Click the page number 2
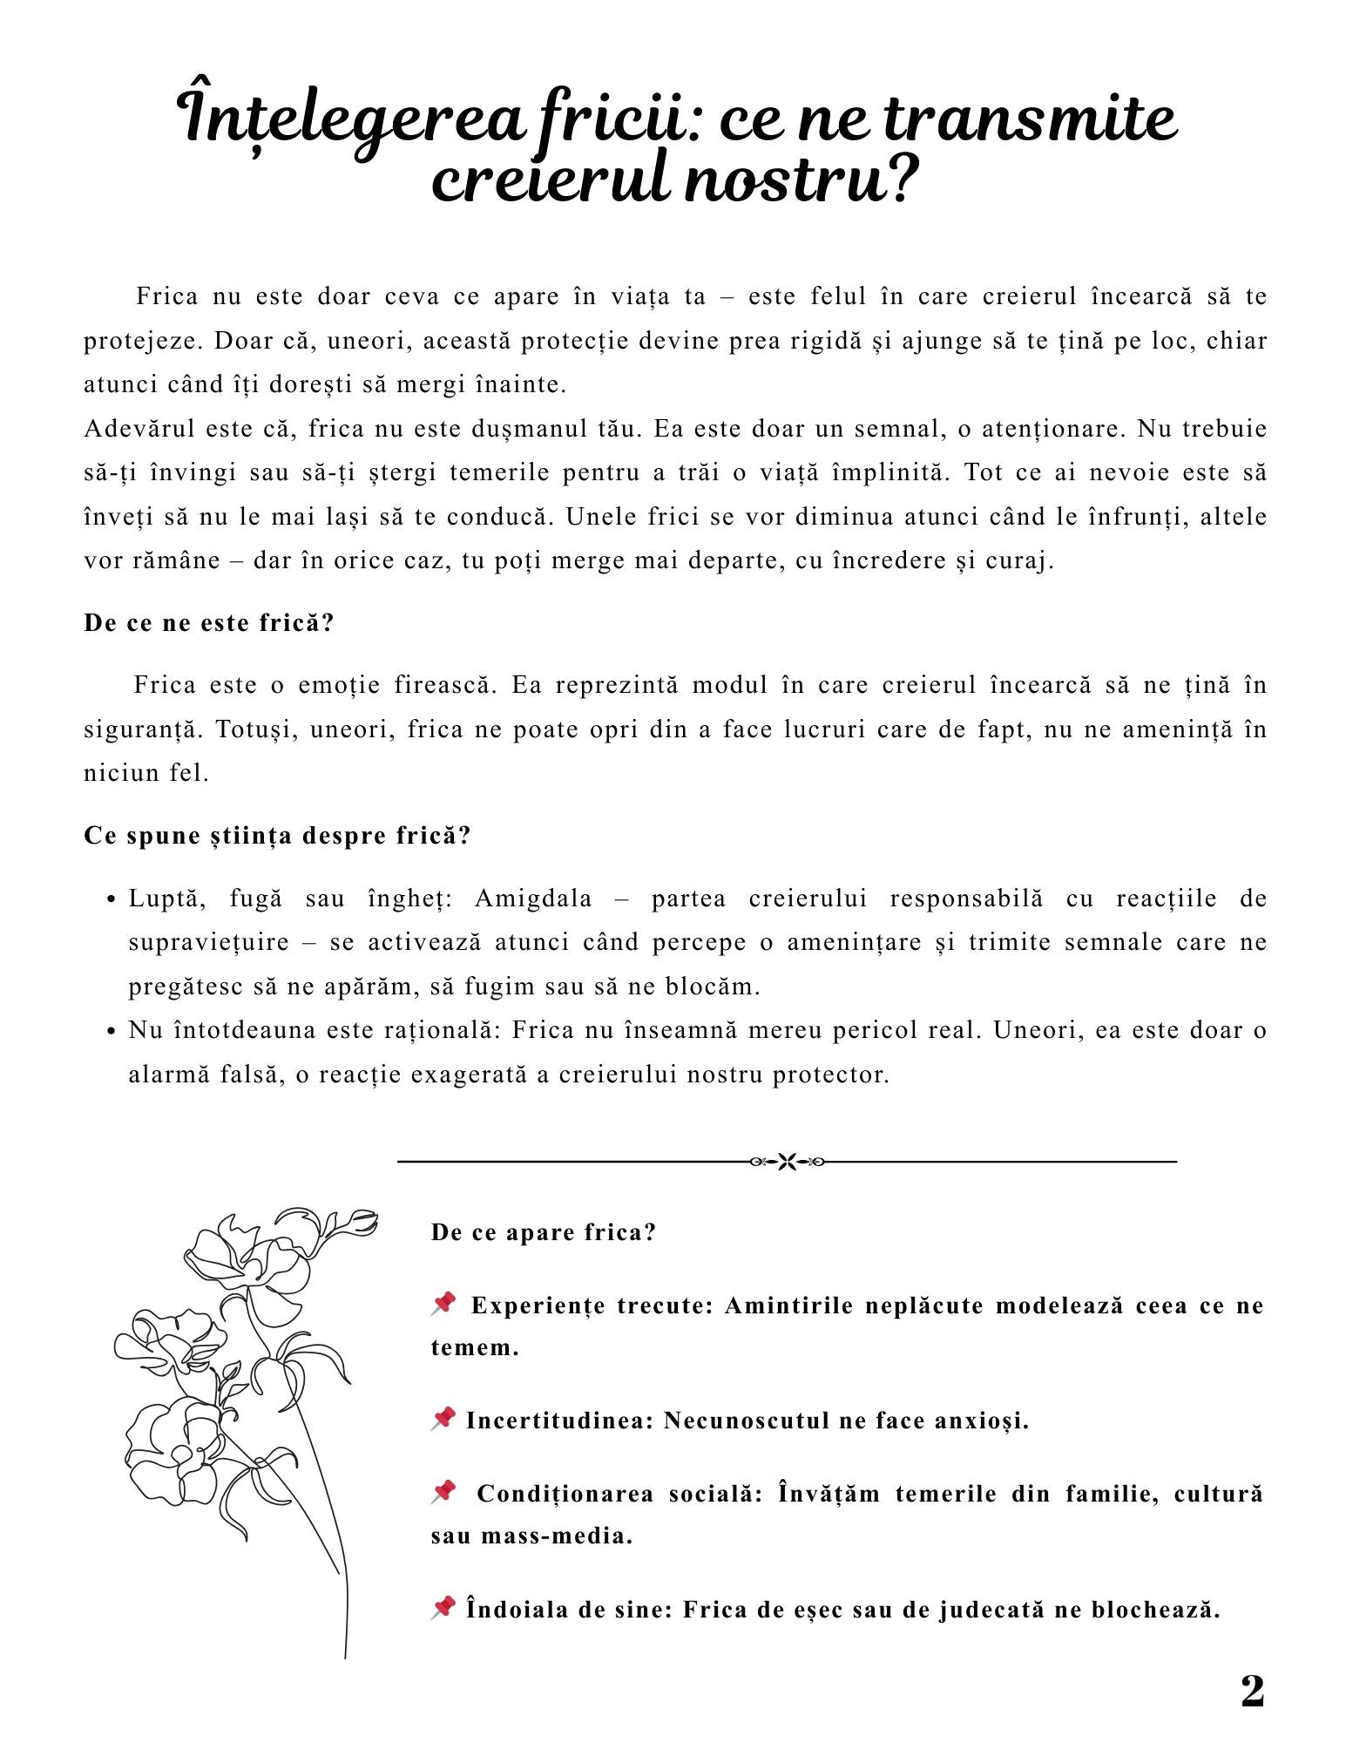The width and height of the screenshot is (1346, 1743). pos(1252,1692)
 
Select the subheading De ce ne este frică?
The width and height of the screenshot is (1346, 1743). pos(209,624)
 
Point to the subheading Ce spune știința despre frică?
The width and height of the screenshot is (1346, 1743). pos(277,836)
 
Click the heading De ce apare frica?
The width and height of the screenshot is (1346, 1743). pos(543,1232)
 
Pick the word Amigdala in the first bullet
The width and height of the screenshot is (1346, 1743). pos(533,899)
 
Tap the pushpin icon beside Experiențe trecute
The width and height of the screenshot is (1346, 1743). pos(443,1304)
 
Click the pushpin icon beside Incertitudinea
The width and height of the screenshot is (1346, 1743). pos(443,1419)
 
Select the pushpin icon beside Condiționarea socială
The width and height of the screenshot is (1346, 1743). pos(443,1491)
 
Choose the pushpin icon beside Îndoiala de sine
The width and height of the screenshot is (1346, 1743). pos(443,1606)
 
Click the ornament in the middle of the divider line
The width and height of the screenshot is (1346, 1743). pos(787,1162)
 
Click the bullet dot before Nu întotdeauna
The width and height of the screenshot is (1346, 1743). pos(112,1032)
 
